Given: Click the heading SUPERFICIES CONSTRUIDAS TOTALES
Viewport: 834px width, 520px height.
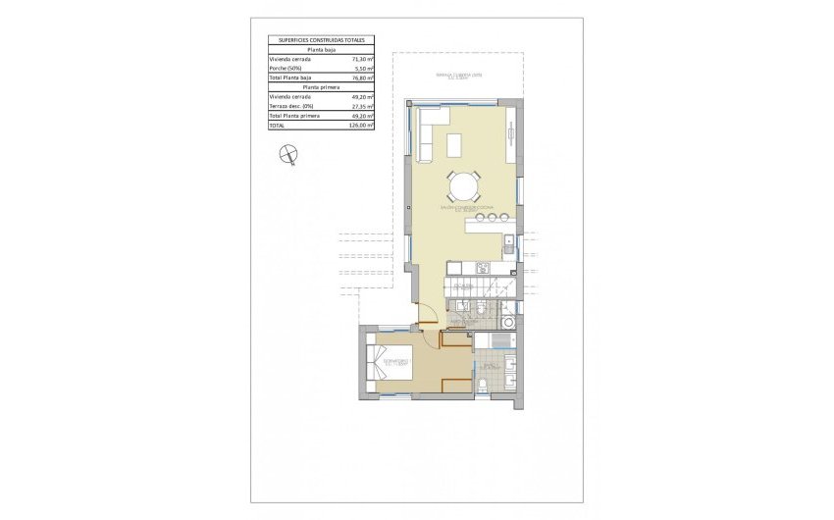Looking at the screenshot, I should pyautogui.click(x=321, y=40).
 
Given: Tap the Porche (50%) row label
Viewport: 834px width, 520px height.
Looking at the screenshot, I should pyautogui.click(x=286, y=68).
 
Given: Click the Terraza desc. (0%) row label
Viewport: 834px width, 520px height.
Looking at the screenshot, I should pyautogui.click(x=291, y=106).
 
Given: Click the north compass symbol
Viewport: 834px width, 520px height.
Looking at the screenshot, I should pyautogui.click(x=288, y=153).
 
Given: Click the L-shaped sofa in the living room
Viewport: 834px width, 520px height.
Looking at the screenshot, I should pyautogui.click(x=429, y=134).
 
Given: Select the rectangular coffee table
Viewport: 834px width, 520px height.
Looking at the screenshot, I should pyautogui.click(x=457, y=145).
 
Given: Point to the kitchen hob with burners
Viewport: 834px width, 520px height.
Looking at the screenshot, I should pyautogui.click(x=482, y=267).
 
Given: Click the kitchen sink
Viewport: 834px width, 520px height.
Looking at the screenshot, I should pyautogui.click(x=508, y=245).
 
